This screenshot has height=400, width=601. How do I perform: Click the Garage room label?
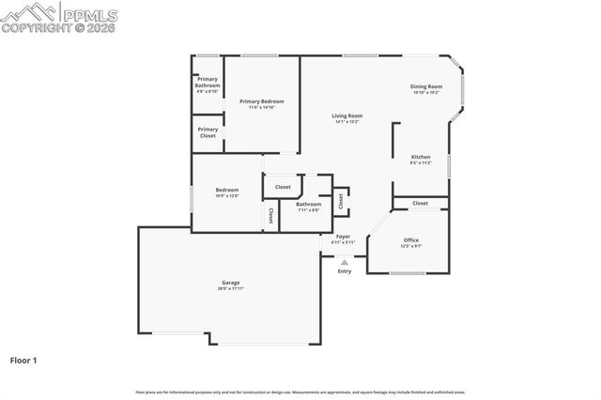230,283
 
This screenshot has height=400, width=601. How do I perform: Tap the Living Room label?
347,116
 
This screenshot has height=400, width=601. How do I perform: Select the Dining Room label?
426,86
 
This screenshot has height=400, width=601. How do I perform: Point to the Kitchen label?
421,157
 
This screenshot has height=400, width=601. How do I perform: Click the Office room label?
410,239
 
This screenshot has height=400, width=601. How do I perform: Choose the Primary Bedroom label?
261,101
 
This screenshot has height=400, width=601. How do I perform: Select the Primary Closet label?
208,132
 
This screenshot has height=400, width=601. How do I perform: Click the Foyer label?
344,237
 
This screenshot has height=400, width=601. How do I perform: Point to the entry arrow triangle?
345,262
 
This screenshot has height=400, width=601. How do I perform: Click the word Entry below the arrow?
345,271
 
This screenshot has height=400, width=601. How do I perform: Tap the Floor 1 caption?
24,360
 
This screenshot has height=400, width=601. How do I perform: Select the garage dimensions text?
230,289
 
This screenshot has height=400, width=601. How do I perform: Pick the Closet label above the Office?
420,203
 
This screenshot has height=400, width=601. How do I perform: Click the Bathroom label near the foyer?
308,204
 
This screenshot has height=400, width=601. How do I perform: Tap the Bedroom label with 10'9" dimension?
227,190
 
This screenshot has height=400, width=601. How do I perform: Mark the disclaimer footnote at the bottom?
300,392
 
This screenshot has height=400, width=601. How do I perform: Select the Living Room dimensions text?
347,122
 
